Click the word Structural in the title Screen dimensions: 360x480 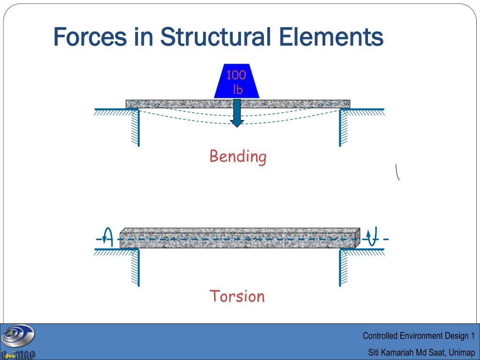(215, 37)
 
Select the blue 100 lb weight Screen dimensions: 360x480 (237, 82)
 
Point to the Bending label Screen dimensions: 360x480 (238, 157)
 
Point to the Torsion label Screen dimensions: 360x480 (237, 296)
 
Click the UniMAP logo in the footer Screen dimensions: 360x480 (18, 342)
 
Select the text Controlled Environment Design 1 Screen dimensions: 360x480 (419, 336)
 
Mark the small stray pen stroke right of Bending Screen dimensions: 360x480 (397, 172)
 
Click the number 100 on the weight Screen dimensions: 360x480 (236, 75)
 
